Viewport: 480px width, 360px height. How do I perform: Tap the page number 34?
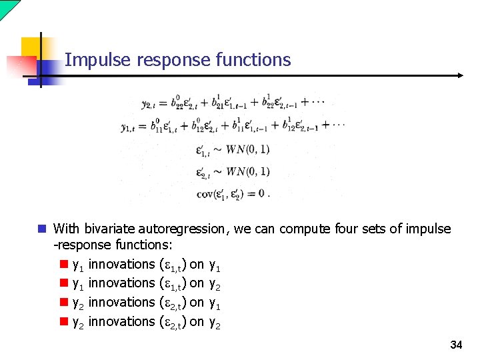[456, 345]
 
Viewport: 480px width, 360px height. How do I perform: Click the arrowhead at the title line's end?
[459, 75]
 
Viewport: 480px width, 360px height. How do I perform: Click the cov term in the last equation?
[205, 194]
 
